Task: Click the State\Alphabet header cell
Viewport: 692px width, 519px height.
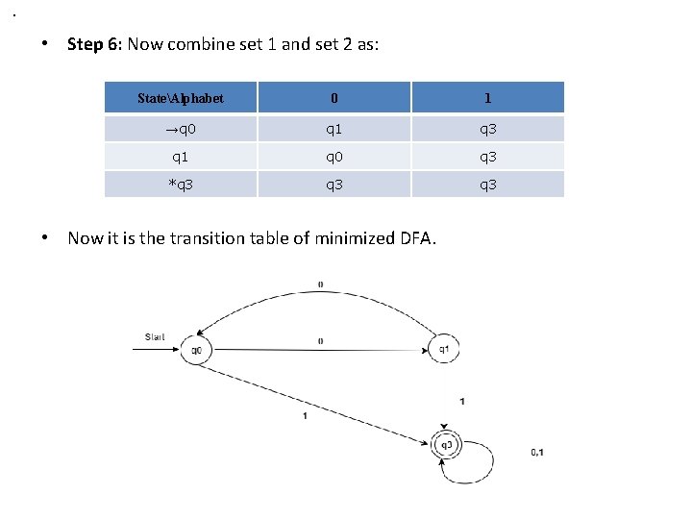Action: [181, 98]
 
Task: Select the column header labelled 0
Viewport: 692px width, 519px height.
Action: [334, 98]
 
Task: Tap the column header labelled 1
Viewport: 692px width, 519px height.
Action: [488, 98]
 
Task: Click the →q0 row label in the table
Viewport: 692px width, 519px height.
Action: [181, 128]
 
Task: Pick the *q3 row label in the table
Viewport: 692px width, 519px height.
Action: [181, 184]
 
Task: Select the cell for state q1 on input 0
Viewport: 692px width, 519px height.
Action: [334, 156]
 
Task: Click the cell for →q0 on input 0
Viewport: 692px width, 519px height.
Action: [334, 128]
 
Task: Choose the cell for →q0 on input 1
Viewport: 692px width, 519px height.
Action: [488, 128]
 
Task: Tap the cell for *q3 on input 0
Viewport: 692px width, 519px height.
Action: [334, 184]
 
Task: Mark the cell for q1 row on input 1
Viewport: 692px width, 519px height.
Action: [488, 156]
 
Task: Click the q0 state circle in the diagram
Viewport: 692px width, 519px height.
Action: [196, 350]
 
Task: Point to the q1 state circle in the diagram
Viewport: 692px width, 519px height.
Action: [443, 350]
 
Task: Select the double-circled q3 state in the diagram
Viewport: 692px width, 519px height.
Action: [446, 444]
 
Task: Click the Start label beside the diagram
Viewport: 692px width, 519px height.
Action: [155, 336]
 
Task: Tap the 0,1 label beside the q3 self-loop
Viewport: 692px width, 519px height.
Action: [536, 452]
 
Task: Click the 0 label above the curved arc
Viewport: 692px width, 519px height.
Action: [320, 284]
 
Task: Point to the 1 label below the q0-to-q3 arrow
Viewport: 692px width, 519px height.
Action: [305, 415]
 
